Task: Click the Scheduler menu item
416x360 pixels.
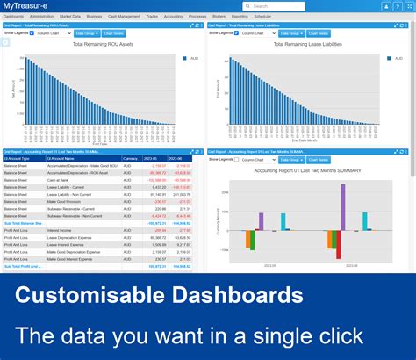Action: pyautogui.click(x=263, y=17)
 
